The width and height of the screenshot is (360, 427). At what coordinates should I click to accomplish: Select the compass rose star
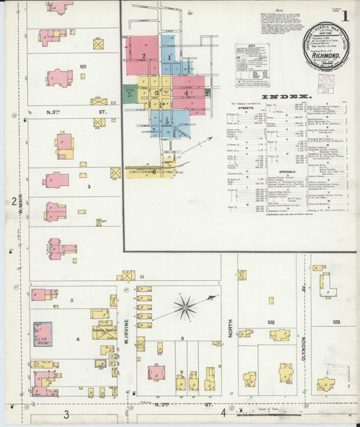point(185,307)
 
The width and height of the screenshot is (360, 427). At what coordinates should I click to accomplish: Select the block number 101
point(83,67)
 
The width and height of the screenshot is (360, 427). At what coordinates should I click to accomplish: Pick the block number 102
point(271,322)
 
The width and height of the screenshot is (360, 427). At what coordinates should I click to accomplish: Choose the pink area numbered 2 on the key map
point(144,53)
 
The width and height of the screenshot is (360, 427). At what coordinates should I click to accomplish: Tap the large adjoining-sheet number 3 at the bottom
point(66,414)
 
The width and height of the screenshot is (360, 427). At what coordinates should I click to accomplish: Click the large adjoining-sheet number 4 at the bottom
point(223,413)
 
